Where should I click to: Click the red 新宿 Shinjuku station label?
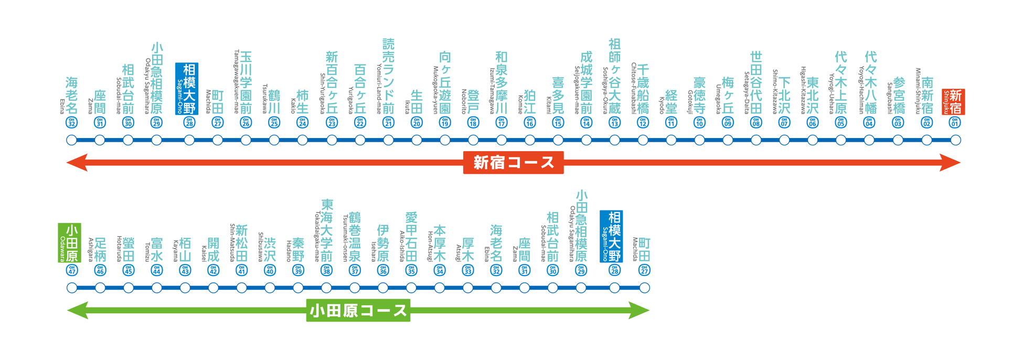click(953, 102)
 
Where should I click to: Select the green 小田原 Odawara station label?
click(70, 242)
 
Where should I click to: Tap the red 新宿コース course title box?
click(513, 162)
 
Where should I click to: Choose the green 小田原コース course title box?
click(358, 310)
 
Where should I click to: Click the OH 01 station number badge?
click(955, 123)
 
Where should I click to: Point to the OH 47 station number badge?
click(72, 270)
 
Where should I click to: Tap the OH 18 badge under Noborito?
click(473, 123)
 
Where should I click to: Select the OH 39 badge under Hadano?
click(298, 270)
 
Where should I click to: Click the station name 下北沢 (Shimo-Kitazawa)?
click(784, 95)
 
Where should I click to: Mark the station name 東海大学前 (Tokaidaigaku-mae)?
click(326, 230)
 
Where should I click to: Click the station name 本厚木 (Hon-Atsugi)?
click(440, 243)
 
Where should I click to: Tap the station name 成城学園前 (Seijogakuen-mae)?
click(586, 82)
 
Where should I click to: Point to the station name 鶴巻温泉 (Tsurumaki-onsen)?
click(355, 237)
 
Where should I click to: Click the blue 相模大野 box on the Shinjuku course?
click(187, 89)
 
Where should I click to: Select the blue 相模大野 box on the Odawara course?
click(611, 237)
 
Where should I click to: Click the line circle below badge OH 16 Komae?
click(530, 140)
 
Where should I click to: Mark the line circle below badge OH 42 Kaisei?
click(213, 288)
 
